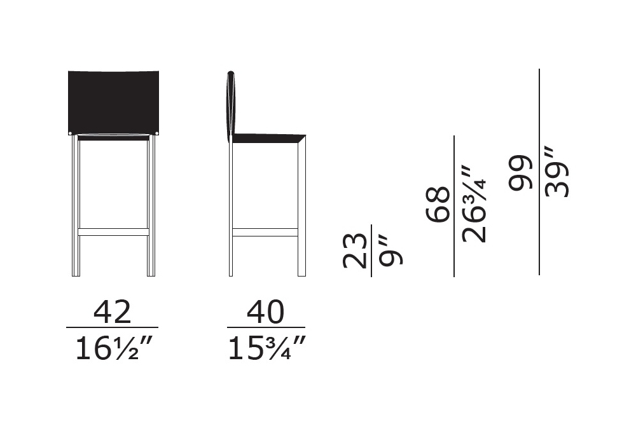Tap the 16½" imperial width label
click(x=113, y=348)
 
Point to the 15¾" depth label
click(x=266, y=348)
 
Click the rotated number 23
click(x=356, y=251)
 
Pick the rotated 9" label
click(x=391, y=253)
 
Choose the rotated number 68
click(x=438, y=204)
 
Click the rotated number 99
click(x=520, y=172)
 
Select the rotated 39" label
click(x=557, y=172)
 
